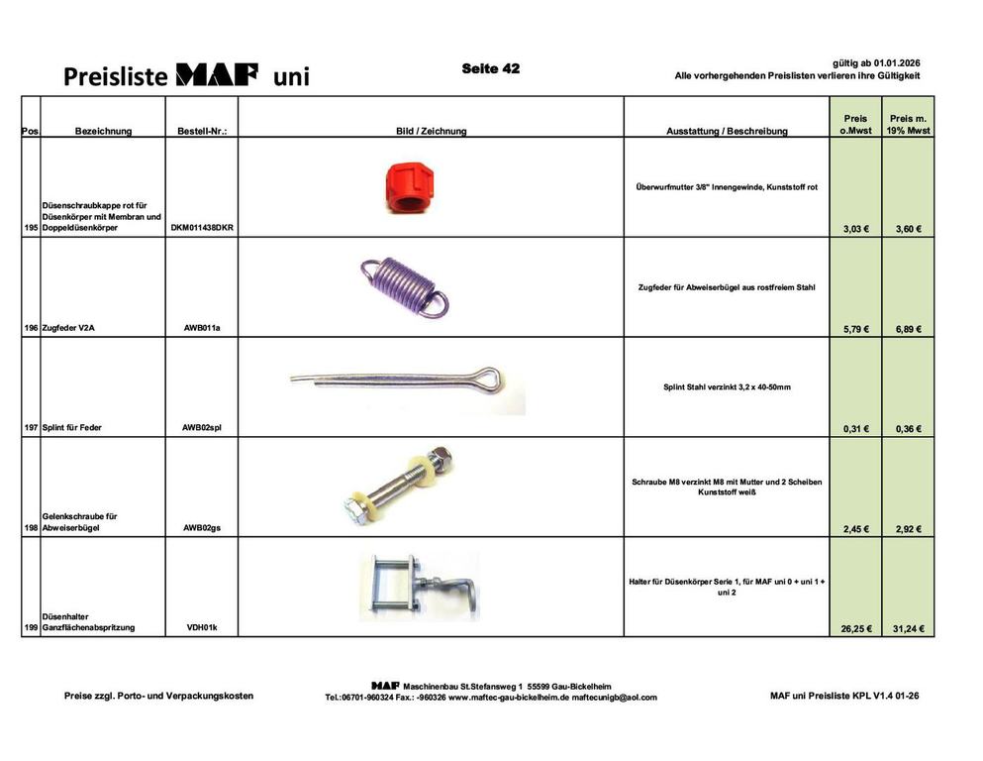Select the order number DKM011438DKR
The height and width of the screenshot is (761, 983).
click(202, 228)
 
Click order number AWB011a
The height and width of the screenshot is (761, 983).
click(202, 327)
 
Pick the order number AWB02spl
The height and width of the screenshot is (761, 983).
click(202, 428)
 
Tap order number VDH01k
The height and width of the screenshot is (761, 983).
click(202, 627)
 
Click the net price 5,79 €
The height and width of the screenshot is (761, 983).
click(856, 328)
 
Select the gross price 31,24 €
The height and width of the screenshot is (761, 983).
click(908, 627)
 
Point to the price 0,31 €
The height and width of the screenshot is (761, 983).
click(856, 429)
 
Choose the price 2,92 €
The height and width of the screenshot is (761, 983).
click(908, 529)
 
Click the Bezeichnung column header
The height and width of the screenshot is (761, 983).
click(103, 131)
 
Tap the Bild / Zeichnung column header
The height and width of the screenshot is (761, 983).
click(431, 131)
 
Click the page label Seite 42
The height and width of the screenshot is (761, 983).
click(490, 69)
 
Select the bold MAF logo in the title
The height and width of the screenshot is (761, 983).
click(217, 75)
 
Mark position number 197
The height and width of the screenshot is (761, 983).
click(30, 428)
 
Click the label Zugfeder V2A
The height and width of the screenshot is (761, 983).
click(68, 327)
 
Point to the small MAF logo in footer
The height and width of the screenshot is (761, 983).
click(385, 685)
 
